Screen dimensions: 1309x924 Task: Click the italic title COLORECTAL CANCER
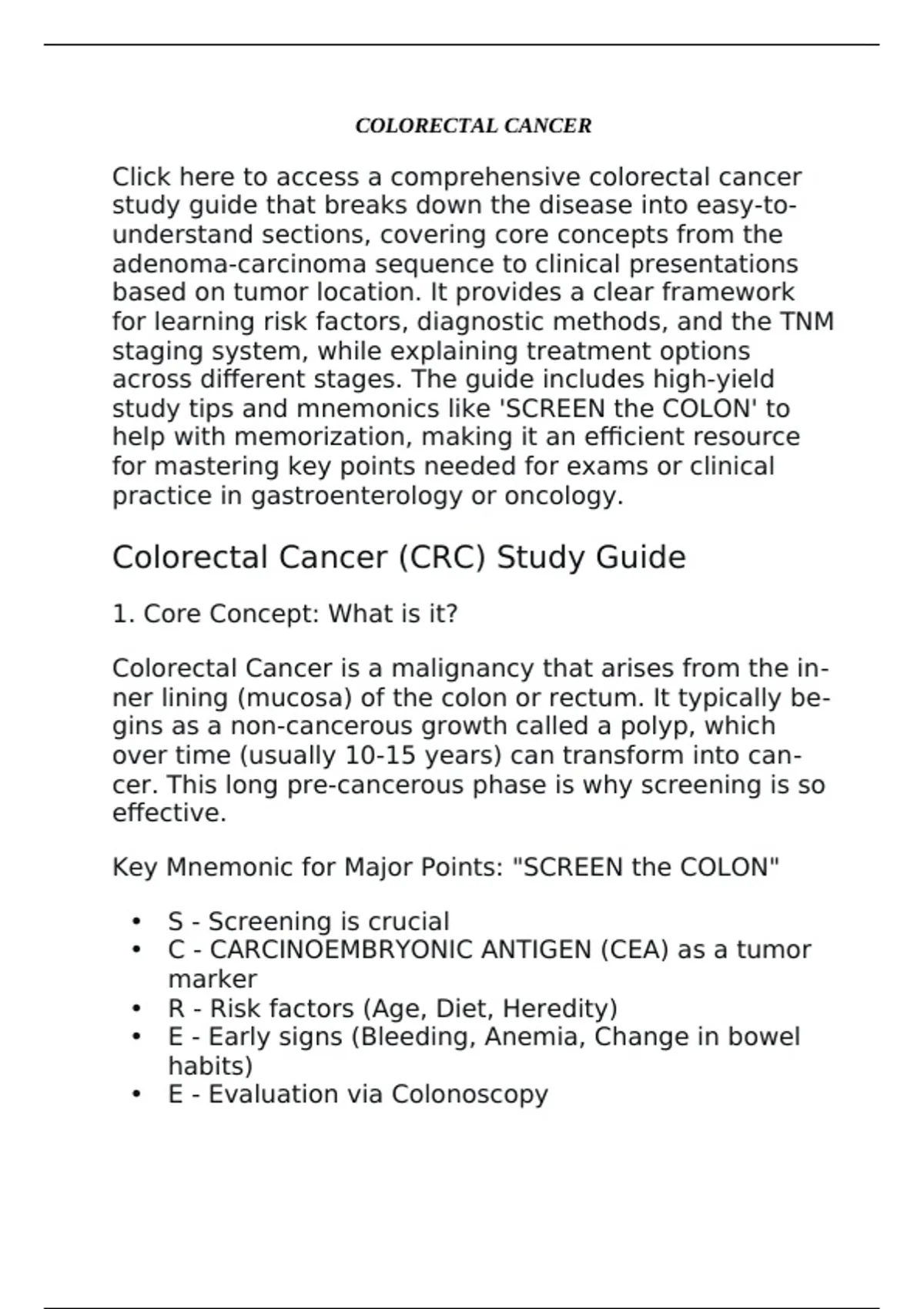pyautogui.click(x=473, y=126)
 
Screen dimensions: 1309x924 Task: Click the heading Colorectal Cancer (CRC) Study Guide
pyautogui.click(x=399, y=557)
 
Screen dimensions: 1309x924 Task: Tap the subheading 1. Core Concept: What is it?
pyautogui.click(x=285, y=614)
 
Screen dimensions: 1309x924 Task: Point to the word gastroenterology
pyautogui.click(x=357, y=496)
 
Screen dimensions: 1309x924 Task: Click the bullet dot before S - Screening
pyautogui.click(x=136, y=921)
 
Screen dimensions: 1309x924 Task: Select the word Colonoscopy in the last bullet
pyautogui.click(x=470, y=1094)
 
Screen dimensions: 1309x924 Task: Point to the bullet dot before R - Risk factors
pyautogui.click(x=136, y=1008)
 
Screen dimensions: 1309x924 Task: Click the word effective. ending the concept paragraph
pyautogui.click(x=169, y=813)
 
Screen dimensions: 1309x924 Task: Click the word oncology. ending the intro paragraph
pyautogui.click(x=564, y=496)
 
